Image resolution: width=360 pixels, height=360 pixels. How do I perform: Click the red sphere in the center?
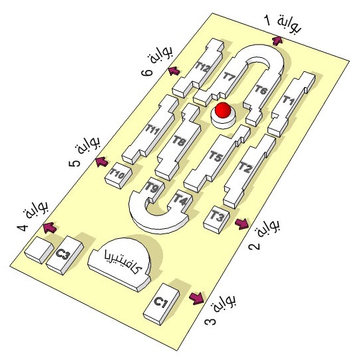(223, 110)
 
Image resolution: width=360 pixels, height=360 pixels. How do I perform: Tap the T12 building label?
(202, 67)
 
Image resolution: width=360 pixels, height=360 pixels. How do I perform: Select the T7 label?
(230, 76)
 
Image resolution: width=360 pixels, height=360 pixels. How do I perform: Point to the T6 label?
(261, 90)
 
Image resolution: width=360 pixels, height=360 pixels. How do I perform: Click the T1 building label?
(288, 100)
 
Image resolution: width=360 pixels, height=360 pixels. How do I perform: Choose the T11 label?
(152, 129)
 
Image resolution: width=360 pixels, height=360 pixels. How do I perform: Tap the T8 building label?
(179, 140)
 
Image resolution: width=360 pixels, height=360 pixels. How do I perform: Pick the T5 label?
(216, 156)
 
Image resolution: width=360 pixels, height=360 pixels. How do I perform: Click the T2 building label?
(245, 167)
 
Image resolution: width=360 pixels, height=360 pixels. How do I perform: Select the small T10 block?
(118, 176)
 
